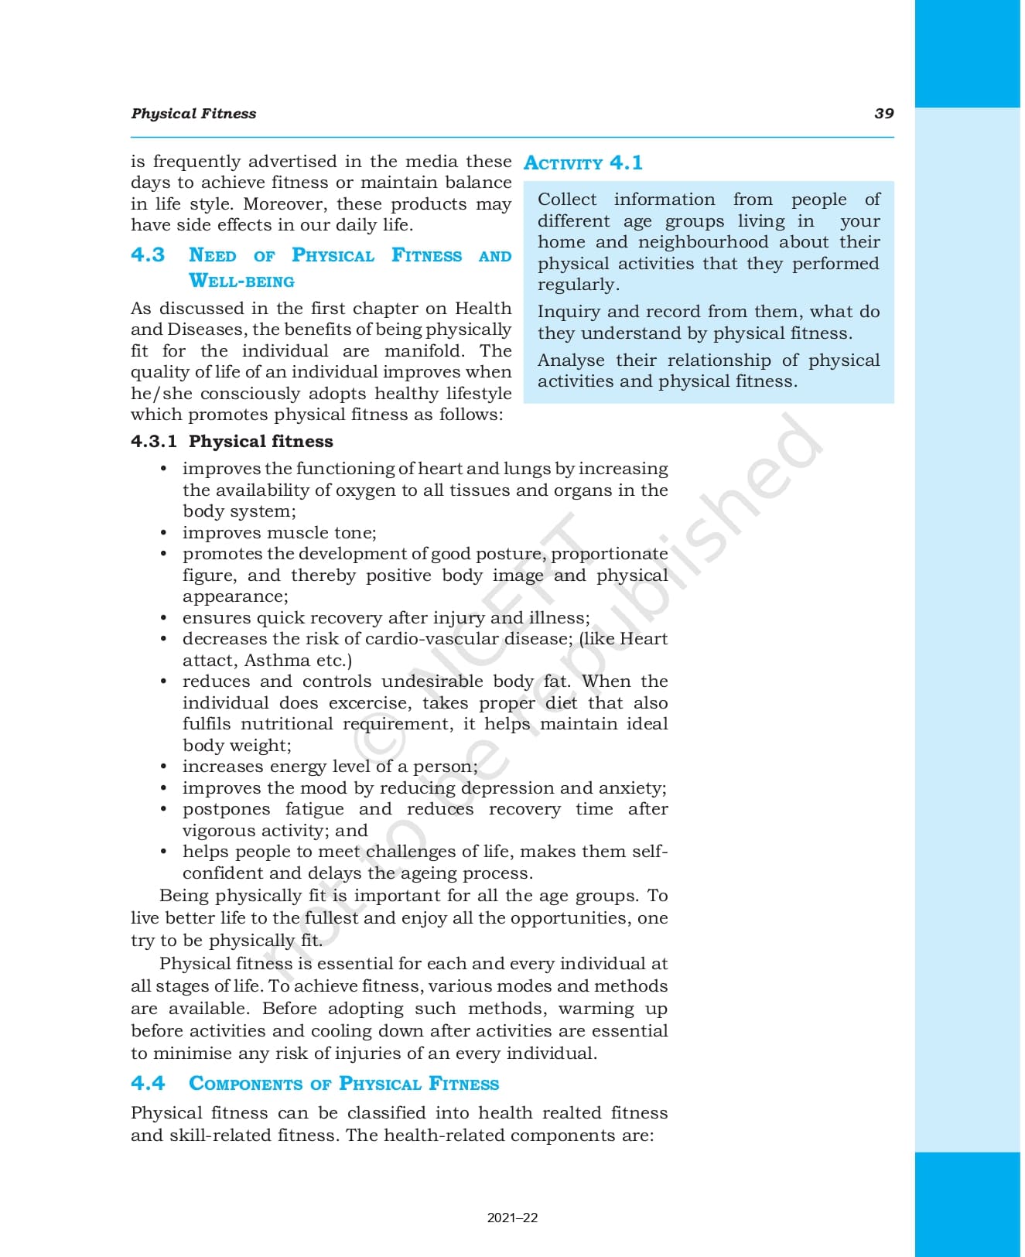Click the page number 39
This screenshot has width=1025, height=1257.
pyautogui.click(x=883, y=114)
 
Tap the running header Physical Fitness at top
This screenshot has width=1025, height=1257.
pyautogui.click(x=193, y=114)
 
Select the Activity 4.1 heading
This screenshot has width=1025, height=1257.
pyautogui.click(x=583, y=163)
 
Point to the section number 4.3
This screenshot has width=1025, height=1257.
pyautogui.click(x=148, y=255)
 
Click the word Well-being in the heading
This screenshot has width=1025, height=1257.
pyautogui.click(x=241, y=281)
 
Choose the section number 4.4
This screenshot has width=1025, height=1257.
pyautogui.click(x=148, y=1083)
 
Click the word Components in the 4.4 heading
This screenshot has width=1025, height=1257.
pyautogui.click(x=245, y=1084)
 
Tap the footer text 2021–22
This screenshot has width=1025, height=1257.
pyautogui.click(x=512, y=1218)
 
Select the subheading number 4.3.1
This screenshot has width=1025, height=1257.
pyautogui.click(x=154, y=442)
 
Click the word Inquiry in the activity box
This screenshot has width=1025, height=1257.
pyautogui.click(x=569, y=312)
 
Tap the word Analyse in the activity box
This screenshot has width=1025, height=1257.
pyautogui.click(x=572, y=360)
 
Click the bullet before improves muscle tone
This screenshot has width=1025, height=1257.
pyautogui.click(x=163, y=533)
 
